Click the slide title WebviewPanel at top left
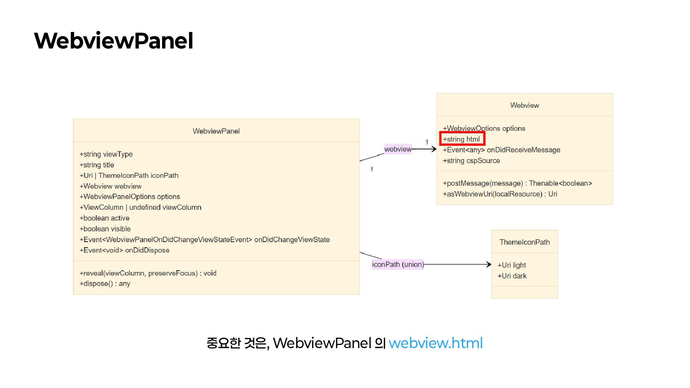pyautogui.click(x=114, y=41)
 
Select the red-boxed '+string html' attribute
pyautogui.click(x=462, y=139)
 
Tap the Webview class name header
pyautogui.click(x=524, y=105)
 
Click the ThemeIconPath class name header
pyautogui.click(x=524, y=242)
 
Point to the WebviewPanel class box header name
pyautogui.click(x=216, y=131)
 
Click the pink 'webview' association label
pyautogui.click(x=398, y=149)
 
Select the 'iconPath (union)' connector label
pyautogui.click(x=398, y=264)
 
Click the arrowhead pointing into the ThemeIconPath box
pyautogui.click(x=488, y=264)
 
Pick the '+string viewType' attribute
pyautogui.click(x=106, y=154)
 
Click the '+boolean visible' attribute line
pyautogui.click(x=105, y=229)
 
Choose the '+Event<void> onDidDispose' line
pyautogui.click(x=124, y=250)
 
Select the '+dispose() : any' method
pyautogui.click(x=105, y=283)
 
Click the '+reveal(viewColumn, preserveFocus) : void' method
pyautogui.click(x=148, y=273)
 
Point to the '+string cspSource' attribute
pyautogui.click(x=471, y=161)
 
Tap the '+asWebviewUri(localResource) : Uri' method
pyautogui.click(x=500, y=194)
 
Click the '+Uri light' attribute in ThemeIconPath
pyautogui.click(x=511, y=265)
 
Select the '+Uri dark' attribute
pyautogui.click(x=512, y=276)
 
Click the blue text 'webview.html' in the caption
pyautogui.click(x=436, y=343)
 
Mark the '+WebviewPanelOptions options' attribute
pyautogui.click(x=130, y=197)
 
